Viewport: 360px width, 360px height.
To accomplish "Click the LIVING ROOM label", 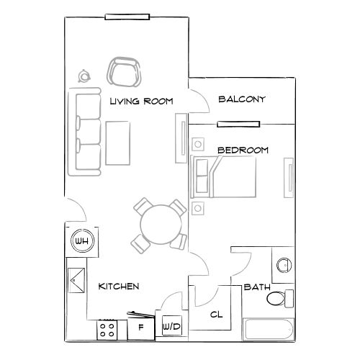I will pos(142,102).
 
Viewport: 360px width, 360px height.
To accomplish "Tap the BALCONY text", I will pos(242,99).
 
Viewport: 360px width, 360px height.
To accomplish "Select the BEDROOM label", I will pos(243,150).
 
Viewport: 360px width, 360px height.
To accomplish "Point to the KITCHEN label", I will pos(118,287).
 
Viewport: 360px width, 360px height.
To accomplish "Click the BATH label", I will pos(256,287).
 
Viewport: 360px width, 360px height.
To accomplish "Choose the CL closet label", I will pos(216,315).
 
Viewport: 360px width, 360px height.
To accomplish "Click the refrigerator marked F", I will pos(140,328).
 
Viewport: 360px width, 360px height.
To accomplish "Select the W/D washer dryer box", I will pos(172,327).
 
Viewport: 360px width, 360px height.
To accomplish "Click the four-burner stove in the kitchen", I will pos(108,330).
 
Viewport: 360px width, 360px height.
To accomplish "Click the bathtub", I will pos(269,331).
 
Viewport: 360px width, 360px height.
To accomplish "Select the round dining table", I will pos(160,223).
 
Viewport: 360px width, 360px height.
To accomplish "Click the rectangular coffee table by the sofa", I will pos(117,144).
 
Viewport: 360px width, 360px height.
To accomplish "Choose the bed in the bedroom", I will pos(225,177).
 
